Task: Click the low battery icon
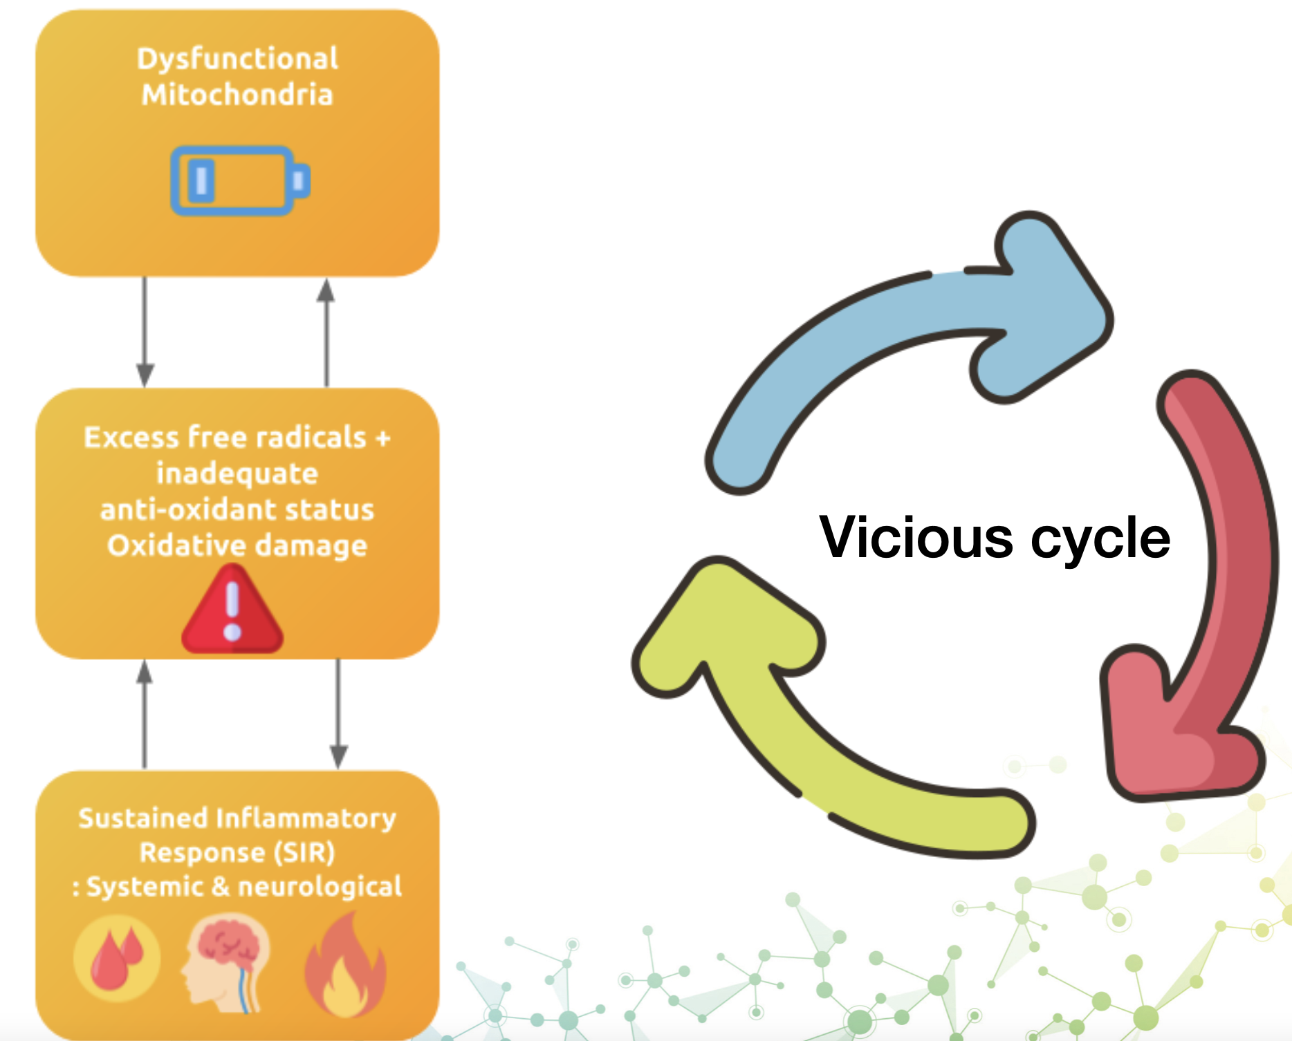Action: click(240, 180)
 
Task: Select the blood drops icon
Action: click(117, 959)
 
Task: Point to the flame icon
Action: click(345, 966)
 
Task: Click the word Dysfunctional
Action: click(237, 59)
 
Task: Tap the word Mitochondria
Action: click(237, 95)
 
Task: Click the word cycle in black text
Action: click(1100, 539)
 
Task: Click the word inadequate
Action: click(237, 474)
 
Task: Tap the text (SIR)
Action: click(304, 853)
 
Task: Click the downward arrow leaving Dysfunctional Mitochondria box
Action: click(145, 332)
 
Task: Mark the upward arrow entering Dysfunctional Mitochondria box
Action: click(326, 332)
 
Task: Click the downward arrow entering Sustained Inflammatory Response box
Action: click(338, 713)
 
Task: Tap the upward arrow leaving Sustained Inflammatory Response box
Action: click(144, 713)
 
